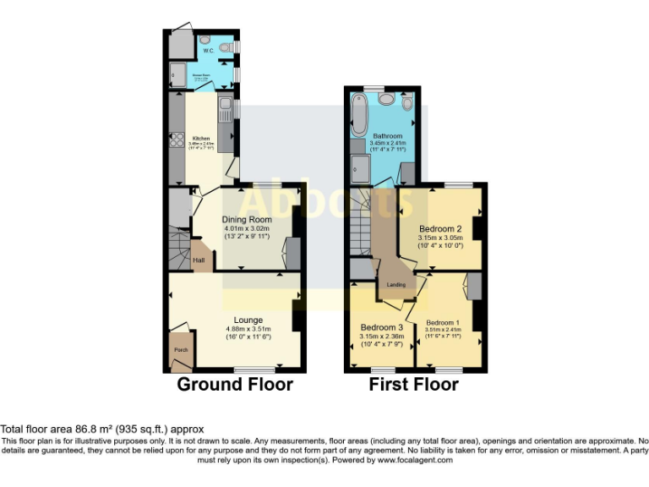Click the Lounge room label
[x=248, y=320]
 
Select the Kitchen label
[x=201, y=139]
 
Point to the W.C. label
[x=207, y=50]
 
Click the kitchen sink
[x=226, y=107]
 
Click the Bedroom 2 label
[x=440, y=228]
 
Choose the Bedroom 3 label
[x=382, y=327]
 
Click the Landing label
[x=395, y=284]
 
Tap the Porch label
[x=181, y=349]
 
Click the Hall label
[x=199, y=260]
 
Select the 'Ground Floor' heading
[x=234, y=385]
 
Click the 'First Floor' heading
[x=413, y=385]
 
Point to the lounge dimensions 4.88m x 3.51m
[x=248, y=329]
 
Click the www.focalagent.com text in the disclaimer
[x=415, y=460]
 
